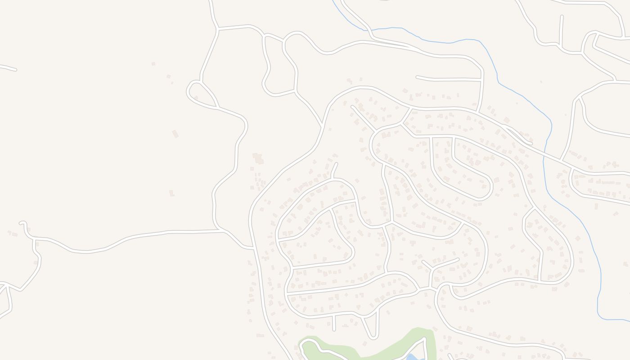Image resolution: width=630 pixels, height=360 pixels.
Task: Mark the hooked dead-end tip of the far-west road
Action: [x=21, y=223]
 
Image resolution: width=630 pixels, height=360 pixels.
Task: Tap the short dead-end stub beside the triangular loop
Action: [x=334, y=323]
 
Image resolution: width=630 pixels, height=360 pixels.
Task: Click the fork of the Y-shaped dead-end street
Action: [x=432, y=269]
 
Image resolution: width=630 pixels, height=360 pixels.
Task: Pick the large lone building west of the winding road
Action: [x=175, y=134]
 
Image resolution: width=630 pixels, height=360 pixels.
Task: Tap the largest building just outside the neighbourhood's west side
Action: [x=258, y=158]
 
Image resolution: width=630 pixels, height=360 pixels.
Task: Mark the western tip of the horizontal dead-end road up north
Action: [x=417, y=77]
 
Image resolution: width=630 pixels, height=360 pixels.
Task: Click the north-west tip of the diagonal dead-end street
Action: [x=352, y=107]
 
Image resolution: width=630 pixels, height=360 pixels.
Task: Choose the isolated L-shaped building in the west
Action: [x=171, y=193]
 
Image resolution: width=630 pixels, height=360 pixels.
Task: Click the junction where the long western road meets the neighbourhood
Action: [x=254, y=247]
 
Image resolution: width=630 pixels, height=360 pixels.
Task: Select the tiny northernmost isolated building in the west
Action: [x=153, y=64]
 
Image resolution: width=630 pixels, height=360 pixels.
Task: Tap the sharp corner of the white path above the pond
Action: [x=425, y=340]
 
